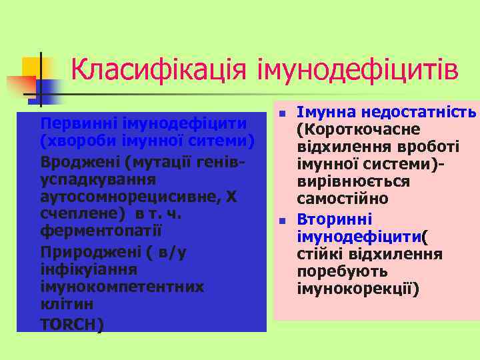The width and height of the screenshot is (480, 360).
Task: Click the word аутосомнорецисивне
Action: (x=131, y=197)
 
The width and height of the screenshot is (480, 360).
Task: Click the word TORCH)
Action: (x=71, y=325)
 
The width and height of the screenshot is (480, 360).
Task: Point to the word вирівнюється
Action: (x=353, y=182)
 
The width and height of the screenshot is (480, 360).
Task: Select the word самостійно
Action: (x=342, y=199)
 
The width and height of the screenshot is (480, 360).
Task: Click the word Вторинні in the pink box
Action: (x=335, y=219)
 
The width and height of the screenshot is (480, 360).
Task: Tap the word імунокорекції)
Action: (x=358, y=290)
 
